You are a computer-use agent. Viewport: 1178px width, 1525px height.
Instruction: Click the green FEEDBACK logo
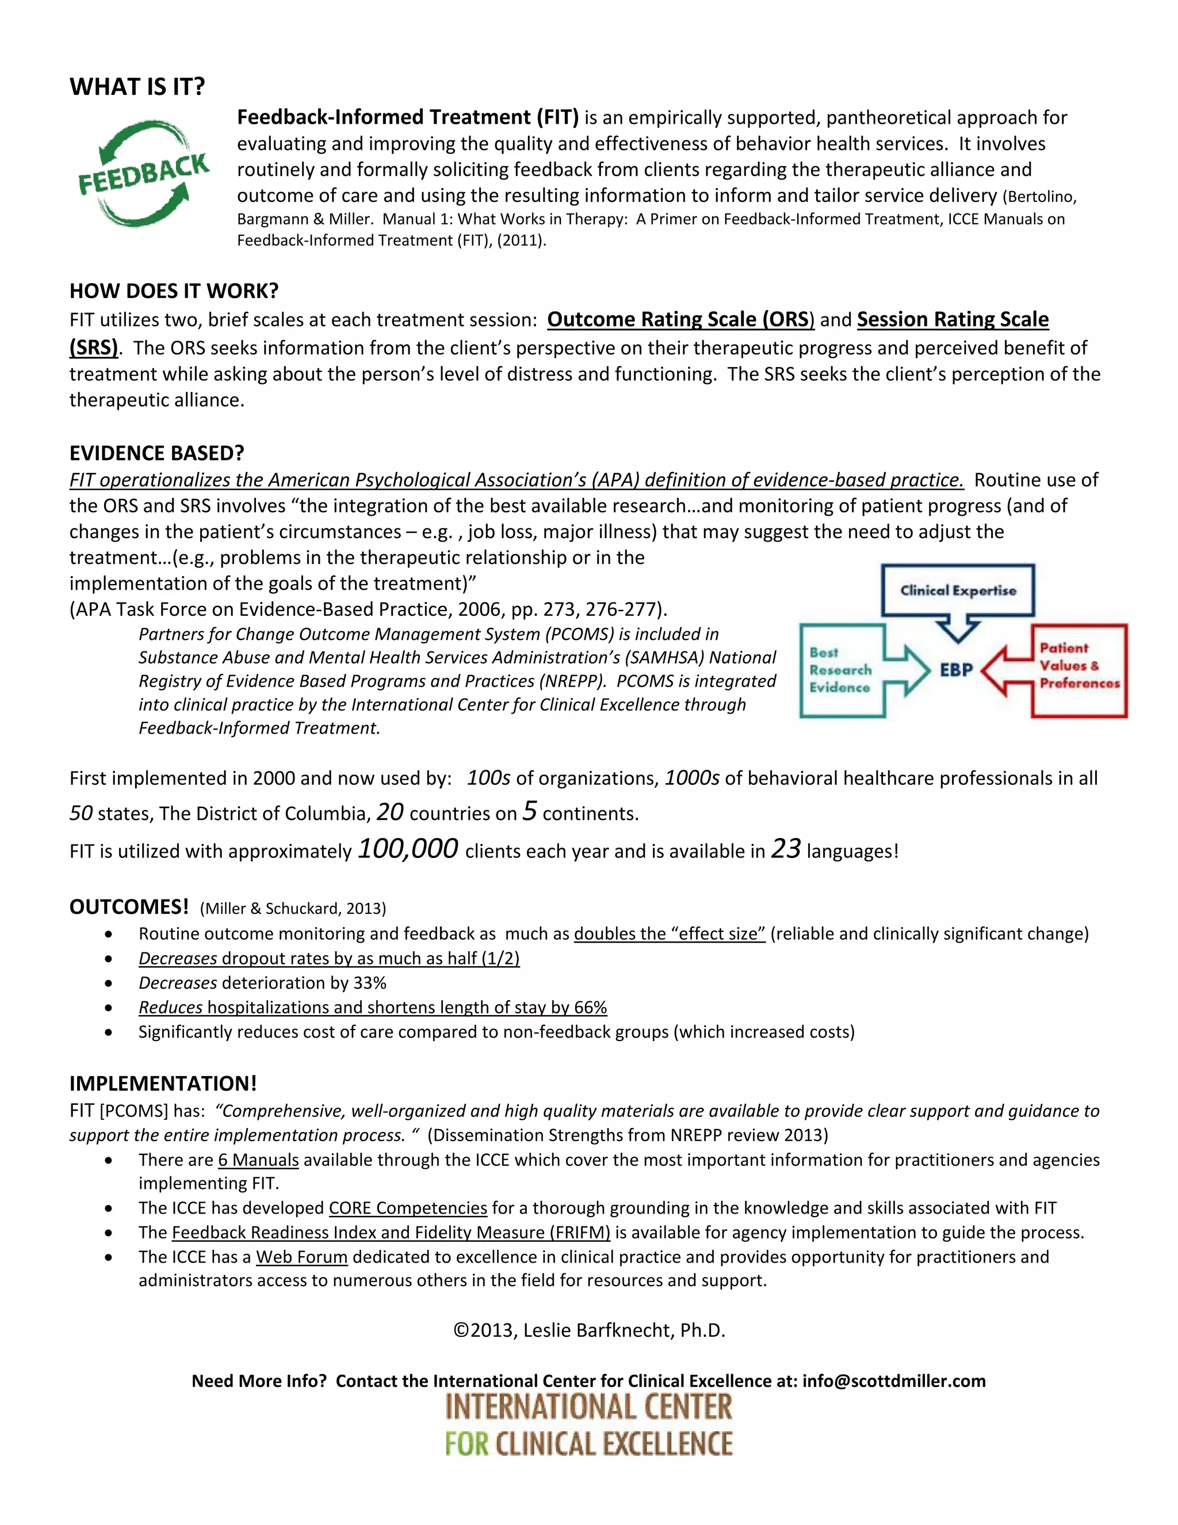[x=143, y=173]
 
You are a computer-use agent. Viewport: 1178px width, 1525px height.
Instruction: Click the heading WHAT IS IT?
[x=137, y=86]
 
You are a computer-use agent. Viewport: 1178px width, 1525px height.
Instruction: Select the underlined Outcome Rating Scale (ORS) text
[x=680, y=319]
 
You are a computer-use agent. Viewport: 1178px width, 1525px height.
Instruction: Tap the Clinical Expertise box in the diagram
[x=958, y=590]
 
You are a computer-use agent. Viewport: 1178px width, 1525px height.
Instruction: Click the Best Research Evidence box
[x=841, y=670]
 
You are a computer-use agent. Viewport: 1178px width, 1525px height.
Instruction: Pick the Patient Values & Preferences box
[x=1079, y=666]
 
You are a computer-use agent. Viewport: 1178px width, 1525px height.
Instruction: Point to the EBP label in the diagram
[x=956, y=670]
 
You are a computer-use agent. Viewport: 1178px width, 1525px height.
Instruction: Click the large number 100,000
[x=408, y=848]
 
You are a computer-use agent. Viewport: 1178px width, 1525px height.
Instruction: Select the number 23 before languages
[x=786, y=848]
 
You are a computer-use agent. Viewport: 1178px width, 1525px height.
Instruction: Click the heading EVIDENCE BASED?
[x=156, y=453]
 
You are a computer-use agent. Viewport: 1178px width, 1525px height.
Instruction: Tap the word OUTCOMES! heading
[x=129, y=906]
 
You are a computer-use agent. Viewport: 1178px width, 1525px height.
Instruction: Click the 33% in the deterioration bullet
[x=370, y=982]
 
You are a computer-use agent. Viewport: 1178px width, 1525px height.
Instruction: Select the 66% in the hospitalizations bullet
[x=590, y=1007]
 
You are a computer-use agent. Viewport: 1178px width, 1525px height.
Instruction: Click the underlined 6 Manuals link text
[x=258, y=1160]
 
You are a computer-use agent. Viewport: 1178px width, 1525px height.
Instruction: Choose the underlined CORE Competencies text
[x=408, y=1208]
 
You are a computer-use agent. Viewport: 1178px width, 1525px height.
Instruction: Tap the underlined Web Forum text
[x=301, y=1257]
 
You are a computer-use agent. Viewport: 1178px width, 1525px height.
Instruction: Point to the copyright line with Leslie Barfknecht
[x=589, y=1330]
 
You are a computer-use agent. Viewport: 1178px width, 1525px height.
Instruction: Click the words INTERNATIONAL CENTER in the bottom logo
[x=589, y=1407]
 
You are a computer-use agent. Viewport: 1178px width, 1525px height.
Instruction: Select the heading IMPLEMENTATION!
[x=163, y=1083]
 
